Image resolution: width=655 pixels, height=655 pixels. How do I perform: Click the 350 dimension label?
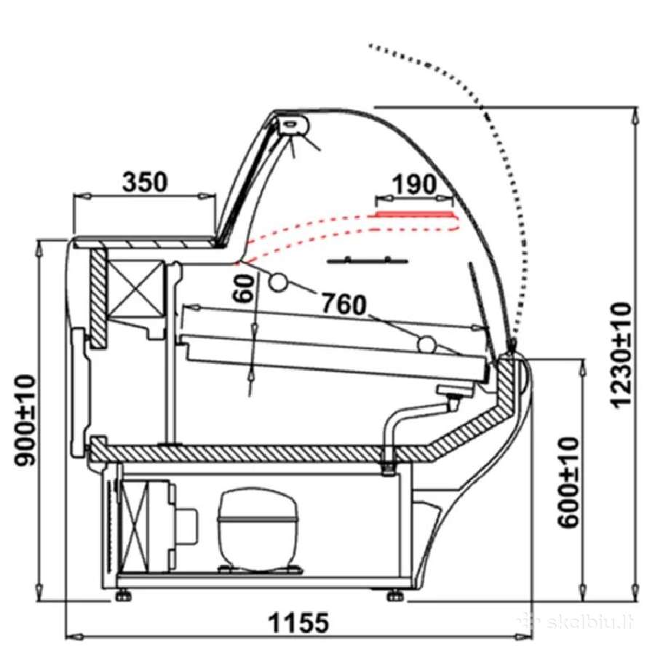pos(145,182)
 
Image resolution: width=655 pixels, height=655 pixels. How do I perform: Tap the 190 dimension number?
pos(414,185)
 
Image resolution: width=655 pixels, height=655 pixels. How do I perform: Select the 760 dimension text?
pos(344,304)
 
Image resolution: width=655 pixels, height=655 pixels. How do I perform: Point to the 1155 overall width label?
pos(298,622)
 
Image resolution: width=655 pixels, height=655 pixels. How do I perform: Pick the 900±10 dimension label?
pos(24,420)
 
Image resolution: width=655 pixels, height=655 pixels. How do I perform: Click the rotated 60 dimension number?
pos(244,288)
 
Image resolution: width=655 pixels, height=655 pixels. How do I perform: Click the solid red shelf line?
pos(413,214)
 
